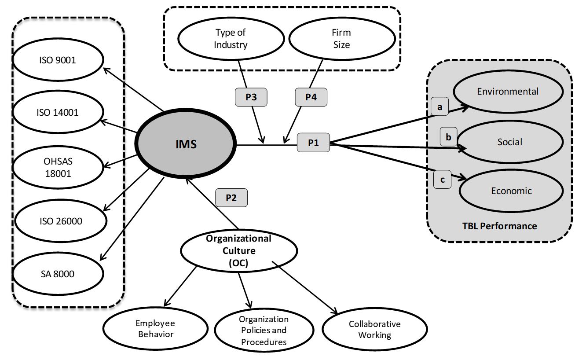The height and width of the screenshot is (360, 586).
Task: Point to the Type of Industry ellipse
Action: point(231,39)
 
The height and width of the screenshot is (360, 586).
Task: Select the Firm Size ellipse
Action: point(341,39)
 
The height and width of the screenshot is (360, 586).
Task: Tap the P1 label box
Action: point(313,143)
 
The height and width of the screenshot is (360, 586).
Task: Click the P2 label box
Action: point(231,198)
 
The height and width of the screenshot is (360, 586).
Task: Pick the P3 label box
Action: point(251,97)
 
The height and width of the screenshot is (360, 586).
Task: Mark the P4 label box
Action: point(311,97)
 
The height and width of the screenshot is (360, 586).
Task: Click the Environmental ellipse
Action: point(508,92)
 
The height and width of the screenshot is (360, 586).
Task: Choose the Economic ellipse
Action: point(511,191)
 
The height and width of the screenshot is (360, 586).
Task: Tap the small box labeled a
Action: point(439,107)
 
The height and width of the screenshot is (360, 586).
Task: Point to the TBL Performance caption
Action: point(499,226)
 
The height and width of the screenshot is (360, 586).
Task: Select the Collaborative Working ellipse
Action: point(374,329)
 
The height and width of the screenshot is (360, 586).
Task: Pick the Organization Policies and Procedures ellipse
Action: point(264,331)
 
